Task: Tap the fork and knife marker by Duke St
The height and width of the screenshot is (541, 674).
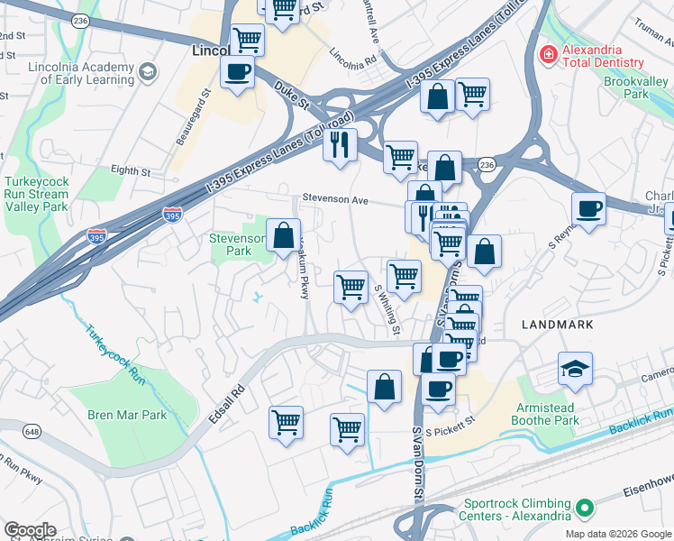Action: click(340, 145)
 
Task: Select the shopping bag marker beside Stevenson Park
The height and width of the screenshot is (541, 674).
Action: click(283, 235)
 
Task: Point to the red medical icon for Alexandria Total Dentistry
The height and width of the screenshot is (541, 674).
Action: click(547, 55)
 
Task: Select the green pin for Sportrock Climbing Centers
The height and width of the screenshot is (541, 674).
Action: click(584, 509)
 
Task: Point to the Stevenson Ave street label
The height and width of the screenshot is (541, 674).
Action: click(337, 199)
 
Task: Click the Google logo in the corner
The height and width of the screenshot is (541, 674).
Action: click(29, 530)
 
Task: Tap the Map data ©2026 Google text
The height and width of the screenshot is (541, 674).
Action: click(618, 534)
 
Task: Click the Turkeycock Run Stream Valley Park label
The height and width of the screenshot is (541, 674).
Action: click(36, 194)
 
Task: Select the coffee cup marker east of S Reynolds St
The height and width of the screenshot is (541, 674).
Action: click(588, 210)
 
